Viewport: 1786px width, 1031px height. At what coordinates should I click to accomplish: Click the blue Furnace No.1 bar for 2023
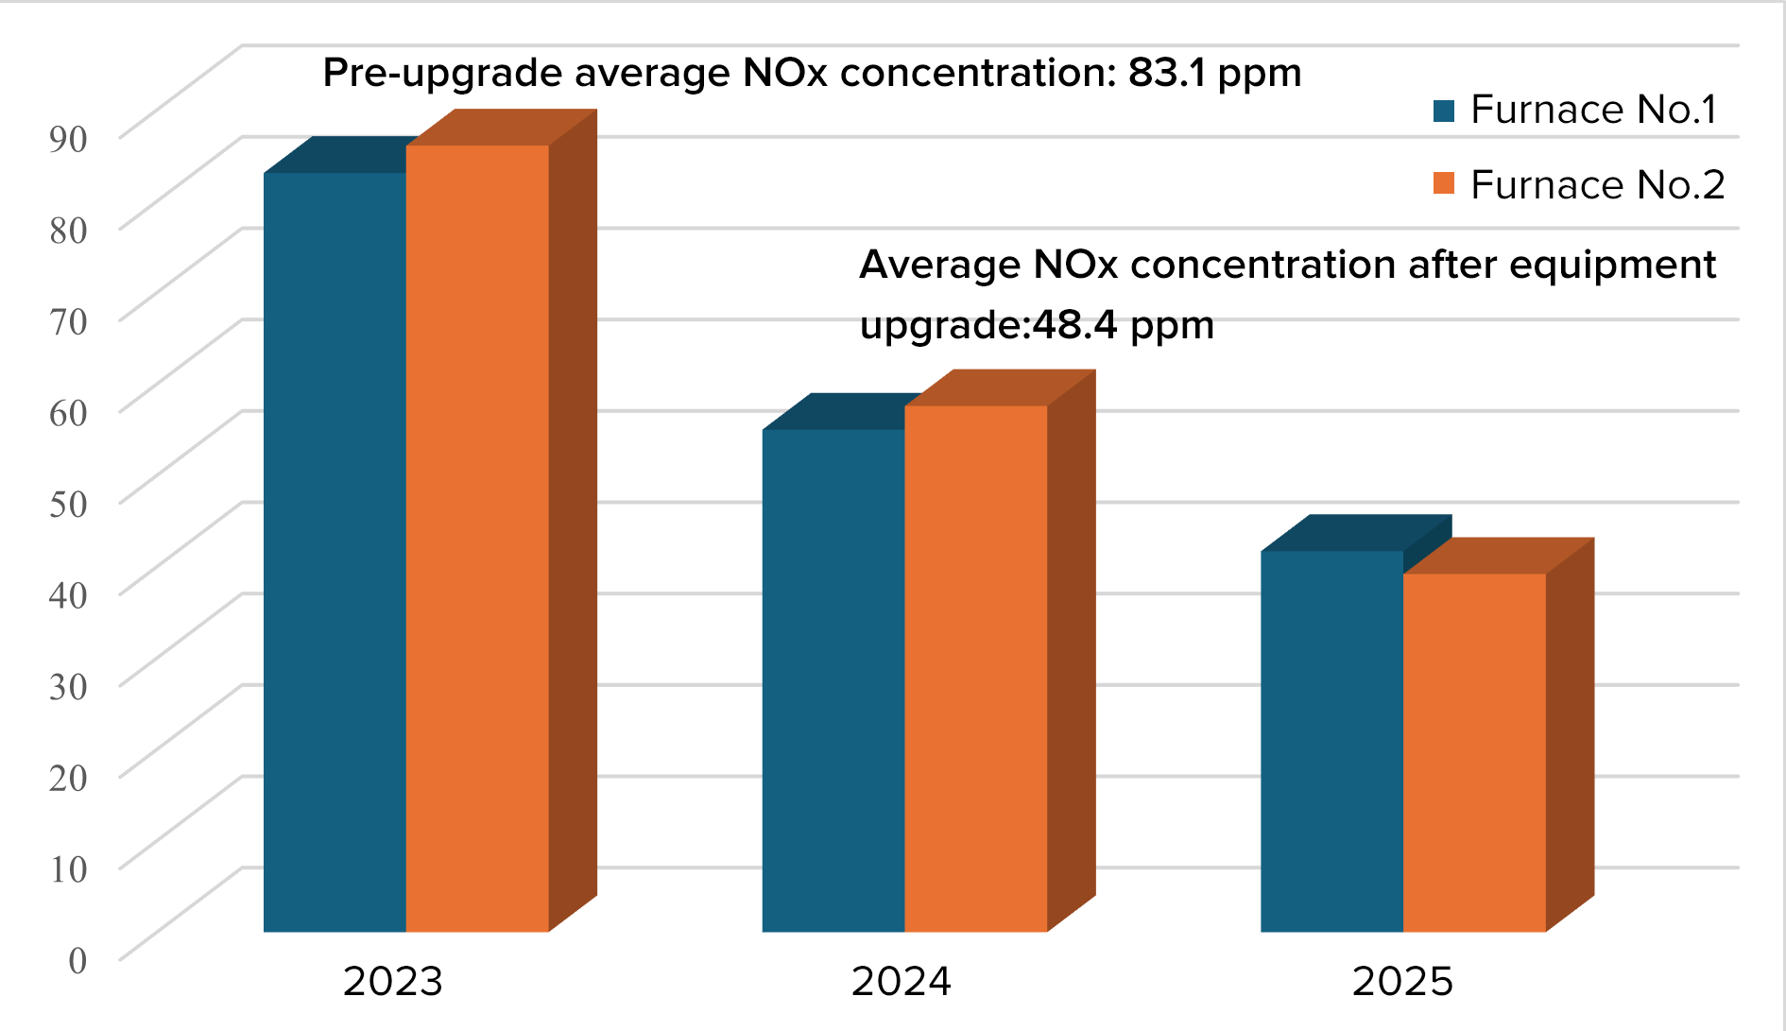click(335, 552)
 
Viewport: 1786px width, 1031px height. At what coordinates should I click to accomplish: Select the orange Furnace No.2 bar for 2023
click(477, 539)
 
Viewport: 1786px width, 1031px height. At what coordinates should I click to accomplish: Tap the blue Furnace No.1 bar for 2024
click(833, 680)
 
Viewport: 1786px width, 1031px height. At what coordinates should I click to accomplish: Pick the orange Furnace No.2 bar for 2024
click(976, 668)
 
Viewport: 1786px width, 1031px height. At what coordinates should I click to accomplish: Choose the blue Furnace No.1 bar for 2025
click(1332, 741)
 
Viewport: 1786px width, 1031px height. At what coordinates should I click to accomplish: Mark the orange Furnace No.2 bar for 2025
click(1475, 752)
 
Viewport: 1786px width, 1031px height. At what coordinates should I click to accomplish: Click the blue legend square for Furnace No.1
click(1444, 112)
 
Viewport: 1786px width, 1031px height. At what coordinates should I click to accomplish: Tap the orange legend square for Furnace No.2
click(1444, 183)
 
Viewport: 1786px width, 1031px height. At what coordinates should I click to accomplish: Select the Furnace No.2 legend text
click(1597, 184)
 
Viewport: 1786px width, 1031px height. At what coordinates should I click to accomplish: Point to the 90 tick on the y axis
click(68, 139)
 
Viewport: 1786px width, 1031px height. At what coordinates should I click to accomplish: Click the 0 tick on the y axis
click(77, 960)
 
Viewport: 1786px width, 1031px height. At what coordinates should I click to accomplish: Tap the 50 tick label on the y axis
click(68, 504)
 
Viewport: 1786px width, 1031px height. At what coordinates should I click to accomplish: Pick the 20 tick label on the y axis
click(68, 778)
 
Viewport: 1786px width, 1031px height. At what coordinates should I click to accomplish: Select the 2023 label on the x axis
click(393, 981)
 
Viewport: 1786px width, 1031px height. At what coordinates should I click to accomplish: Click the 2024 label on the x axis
click(901, 981)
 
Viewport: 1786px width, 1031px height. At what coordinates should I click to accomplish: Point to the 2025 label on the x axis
click(1402, 981)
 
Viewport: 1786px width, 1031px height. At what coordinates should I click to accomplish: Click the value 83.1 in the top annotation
click(1167, 73)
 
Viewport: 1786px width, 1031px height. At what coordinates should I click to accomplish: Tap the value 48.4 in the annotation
click(1075, 325)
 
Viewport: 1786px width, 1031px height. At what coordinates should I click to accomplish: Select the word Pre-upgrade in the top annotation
click(442, 74)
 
